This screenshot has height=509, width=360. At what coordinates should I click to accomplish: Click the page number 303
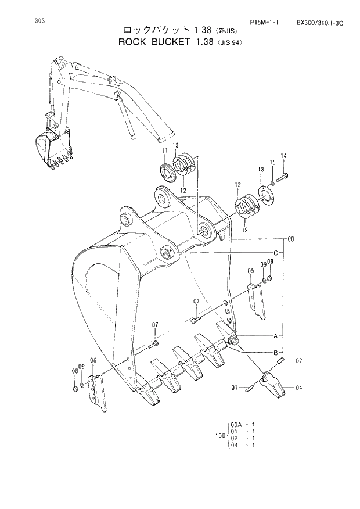[39, 21]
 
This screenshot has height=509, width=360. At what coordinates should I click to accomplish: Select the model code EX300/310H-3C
[320, 23]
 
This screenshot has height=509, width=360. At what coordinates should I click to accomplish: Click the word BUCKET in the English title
[171, 42]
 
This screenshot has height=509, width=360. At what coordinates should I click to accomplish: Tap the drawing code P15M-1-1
[264, 23]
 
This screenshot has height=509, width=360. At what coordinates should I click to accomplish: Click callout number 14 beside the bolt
[284, 156]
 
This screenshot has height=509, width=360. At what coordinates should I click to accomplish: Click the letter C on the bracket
[275, 253]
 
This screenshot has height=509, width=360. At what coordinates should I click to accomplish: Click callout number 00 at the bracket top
[290, 238]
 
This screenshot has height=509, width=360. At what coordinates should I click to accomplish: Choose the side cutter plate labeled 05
[256, 302]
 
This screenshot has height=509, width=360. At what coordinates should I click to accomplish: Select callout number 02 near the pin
[298, 361]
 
